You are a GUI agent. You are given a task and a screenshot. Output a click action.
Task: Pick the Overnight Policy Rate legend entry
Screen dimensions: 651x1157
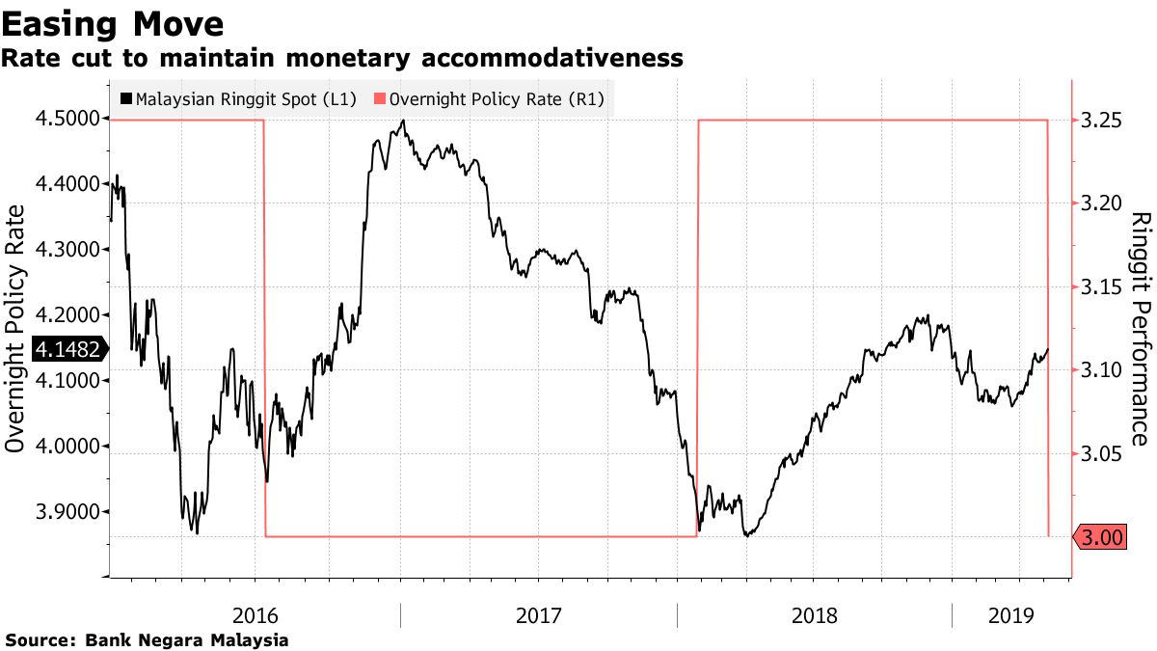[498, 98]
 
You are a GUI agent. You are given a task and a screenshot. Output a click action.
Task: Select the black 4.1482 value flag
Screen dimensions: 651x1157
[69, 349]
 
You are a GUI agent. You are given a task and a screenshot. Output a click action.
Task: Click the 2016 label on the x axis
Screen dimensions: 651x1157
[256, 614]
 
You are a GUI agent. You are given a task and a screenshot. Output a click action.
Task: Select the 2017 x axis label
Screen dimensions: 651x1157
[539, 614]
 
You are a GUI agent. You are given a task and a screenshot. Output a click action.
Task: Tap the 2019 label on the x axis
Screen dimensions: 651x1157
[1011, 614]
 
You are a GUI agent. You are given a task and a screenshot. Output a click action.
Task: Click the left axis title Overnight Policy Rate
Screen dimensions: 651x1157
[15, 347]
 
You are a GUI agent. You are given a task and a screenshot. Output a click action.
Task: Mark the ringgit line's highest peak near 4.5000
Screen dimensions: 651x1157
[402, 121]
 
